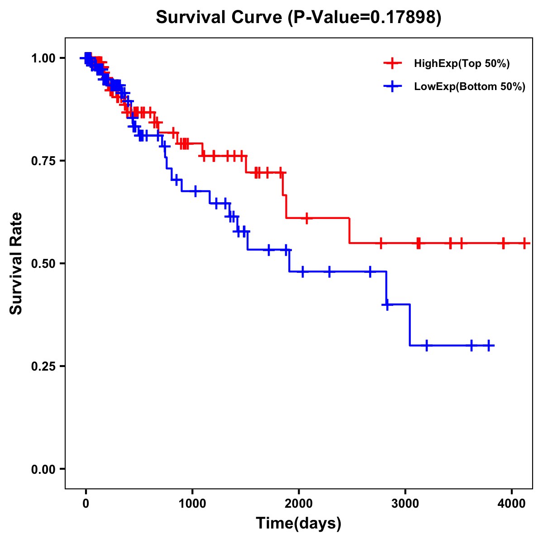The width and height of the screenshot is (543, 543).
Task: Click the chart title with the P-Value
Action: point(298,17)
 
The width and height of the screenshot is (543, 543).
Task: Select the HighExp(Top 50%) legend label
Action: point(462,64)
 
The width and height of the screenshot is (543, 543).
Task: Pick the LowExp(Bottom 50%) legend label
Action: point(469,86)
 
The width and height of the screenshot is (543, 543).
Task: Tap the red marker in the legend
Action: point(392,64)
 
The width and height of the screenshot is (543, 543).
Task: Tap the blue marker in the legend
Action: point(392,86)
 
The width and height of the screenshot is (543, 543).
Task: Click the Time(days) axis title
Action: point(299,524)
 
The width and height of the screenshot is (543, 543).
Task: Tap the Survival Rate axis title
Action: point(16,263)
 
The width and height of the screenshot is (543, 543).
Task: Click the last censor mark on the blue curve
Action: point(488,345)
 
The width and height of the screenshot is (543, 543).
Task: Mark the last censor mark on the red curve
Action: point(524,243)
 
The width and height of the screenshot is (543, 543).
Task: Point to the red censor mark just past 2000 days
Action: point(307,218)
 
